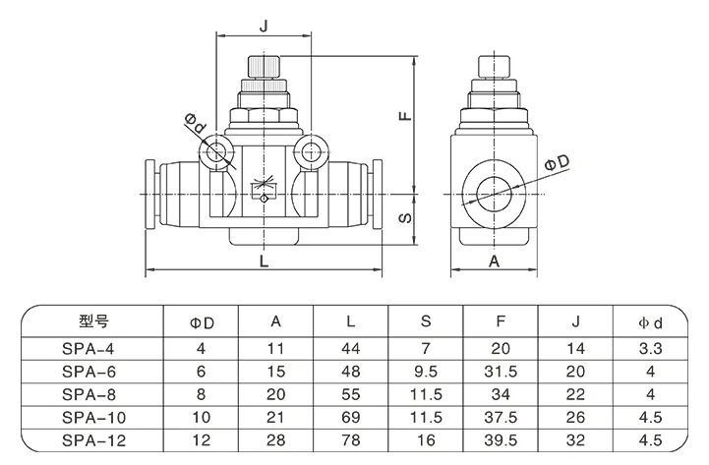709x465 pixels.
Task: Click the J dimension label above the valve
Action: tap(264, 26)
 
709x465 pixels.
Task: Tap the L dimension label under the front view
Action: tap(264, 261)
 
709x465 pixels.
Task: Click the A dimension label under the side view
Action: tap(495, 261)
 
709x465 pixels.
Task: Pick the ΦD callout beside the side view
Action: tap(557, 162)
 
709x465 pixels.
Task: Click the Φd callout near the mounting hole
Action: tap(196, 123)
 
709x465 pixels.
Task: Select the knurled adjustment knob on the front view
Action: tap(265, 67)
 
